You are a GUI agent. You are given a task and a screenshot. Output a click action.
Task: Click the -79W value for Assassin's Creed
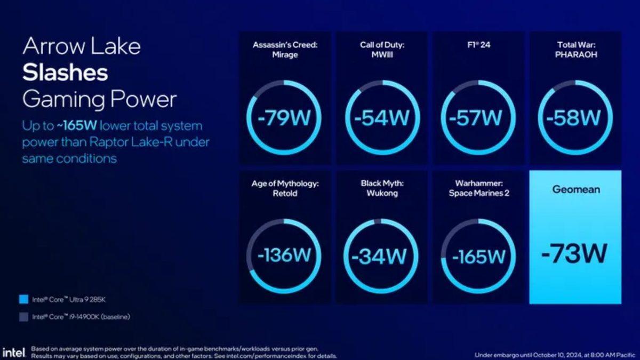coord(284,118)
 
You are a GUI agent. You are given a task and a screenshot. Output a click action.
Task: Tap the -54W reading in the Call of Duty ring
coord(382,118)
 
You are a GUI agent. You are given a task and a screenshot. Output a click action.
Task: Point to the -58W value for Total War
coord(575,118)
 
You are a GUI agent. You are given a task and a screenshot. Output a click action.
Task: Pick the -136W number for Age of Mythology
coord(284,255)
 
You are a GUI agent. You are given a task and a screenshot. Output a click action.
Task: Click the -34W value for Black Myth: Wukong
coord(382,257)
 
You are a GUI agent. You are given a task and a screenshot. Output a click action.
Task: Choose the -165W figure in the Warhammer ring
coord(478,257)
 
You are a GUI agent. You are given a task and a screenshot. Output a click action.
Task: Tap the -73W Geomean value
coord(574,253)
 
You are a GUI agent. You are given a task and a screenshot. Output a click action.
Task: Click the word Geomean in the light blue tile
coord(575,189)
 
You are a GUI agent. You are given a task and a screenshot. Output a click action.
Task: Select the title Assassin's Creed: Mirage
coord(285,50)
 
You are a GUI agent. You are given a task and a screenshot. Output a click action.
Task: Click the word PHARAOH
coord(575,55)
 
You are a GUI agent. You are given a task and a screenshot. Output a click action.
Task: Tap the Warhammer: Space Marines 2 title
coord(478,188)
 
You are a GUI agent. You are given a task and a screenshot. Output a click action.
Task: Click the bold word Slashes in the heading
coord(65,73)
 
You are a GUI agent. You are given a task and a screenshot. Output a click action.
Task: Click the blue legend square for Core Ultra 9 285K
coord(23,299)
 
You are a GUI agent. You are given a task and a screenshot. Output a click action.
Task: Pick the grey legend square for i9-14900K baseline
coord(23,317)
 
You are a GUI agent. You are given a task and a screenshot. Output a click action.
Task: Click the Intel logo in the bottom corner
coord(13,353)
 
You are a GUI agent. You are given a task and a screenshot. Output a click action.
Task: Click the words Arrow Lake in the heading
coord(82,46)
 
